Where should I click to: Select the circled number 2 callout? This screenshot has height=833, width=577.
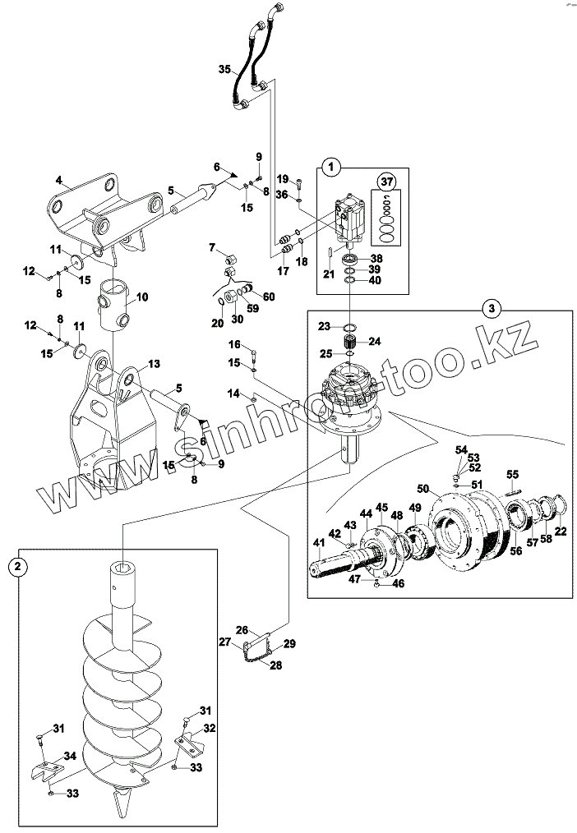coord(18,565)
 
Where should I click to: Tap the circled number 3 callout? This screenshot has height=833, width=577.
coord(491,308)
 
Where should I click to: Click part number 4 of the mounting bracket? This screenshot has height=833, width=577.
coord(59,180)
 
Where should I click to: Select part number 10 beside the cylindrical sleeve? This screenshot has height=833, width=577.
coord(141,297)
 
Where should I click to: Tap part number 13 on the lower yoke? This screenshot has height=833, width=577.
coord(154,365)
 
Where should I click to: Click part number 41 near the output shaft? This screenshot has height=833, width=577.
coord(317,542)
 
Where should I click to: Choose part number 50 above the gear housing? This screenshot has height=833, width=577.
coord(422,490)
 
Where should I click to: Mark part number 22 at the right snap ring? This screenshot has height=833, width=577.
coord(561,532)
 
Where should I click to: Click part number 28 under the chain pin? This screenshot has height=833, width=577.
coord(275,665)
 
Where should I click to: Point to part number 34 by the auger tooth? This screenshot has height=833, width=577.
coord(72,756)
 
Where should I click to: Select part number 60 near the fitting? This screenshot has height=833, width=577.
coord(270,297)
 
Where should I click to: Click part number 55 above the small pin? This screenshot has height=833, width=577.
coord(512,475)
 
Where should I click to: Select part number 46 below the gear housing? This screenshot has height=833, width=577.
coord(399,584)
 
